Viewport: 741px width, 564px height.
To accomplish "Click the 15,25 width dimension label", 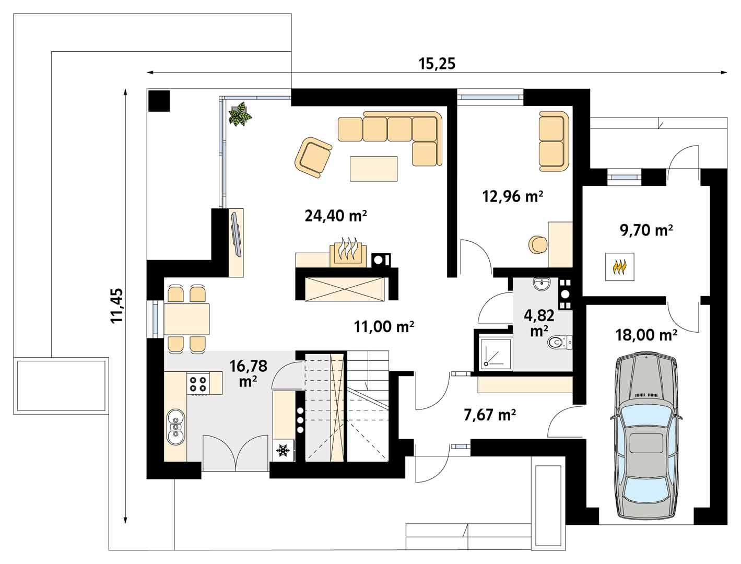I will pos(437,64).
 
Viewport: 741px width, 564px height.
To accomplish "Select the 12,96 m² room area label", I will pos(512,196).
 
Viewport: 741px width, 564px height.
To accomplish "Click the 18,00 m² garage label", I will pos(646,335).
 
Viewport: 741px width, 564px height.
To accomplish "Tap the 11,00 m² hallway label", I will pos(384,327).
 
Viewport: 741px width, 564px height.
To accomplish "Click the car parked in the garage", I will pos(646,438).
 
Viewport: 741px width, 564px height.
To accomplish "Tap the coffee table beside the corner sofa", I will pos(373,169).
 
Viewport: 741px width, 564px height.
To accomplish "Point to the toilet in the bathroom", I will pos(559,343).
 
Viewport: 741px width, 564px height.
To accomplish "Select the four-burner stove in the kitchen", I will pos(198,384).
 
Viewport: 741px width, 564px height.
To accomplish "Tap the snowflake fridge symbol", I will pos(283,450).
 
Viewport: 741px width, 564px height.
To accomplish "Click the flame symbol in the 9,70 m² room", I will pos(619,267).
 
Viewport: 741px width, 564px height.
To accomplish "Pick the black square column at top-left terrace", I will pos(159,100).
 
